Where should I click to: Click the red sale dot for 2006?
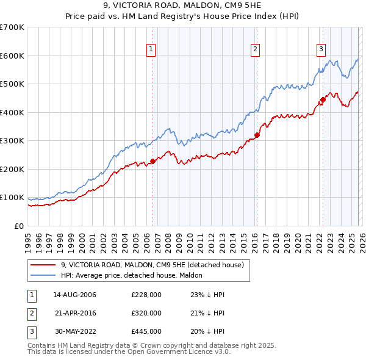pos(152,161)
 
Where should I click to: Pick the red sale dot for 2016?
pos(257,135)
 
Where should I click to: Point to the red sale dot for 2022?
pos(323,99)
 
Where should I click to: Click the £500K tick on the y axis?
pos(12,84)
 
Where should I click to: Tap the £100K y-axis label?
pos(12,198)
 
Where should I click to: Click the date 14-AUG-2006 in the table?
pos(74,295)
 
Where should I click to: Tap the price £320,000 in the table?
pos(146,313)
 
